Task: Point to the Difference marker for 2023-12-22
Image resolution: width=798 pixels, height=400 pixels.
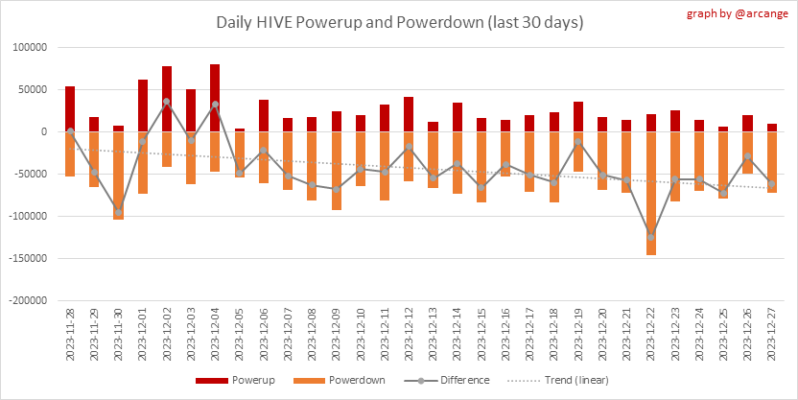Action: coord(652,236)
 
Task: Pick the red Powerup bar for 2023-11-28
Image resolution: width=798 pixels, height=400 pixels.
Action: coord(70,108)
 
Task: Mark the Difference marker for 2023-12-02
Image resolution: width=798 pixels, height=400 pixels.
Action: coord(167,101)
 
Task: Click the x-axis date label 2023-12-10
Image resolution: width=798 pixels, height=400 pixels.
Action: coord(362,337)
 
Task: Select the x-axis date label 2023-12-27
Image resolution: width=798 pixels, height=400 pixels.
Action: coord(774,337)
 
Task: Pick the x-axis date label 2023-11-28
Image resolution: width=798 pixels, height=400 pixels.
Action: coord(70,337)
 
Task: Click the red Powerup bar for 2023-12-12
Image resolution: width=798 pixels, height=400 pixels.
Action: coord(410,114)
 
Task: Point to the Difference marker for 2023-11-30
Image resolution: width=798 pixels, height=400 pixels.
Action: coord(118,212)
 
